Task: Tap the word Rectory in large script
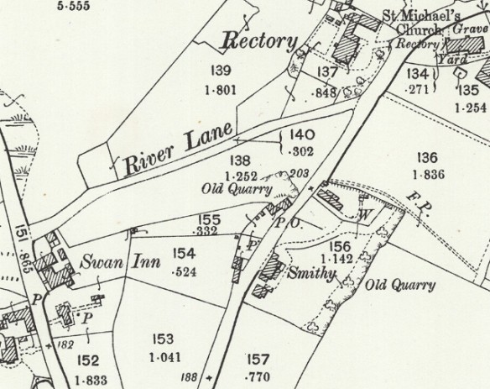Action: pos(260,41)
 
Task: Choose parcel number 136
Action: pos(428,157)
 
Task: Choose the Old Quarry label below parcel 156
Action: pos(400,285)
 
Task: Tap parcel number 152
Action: pos(87,361)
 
